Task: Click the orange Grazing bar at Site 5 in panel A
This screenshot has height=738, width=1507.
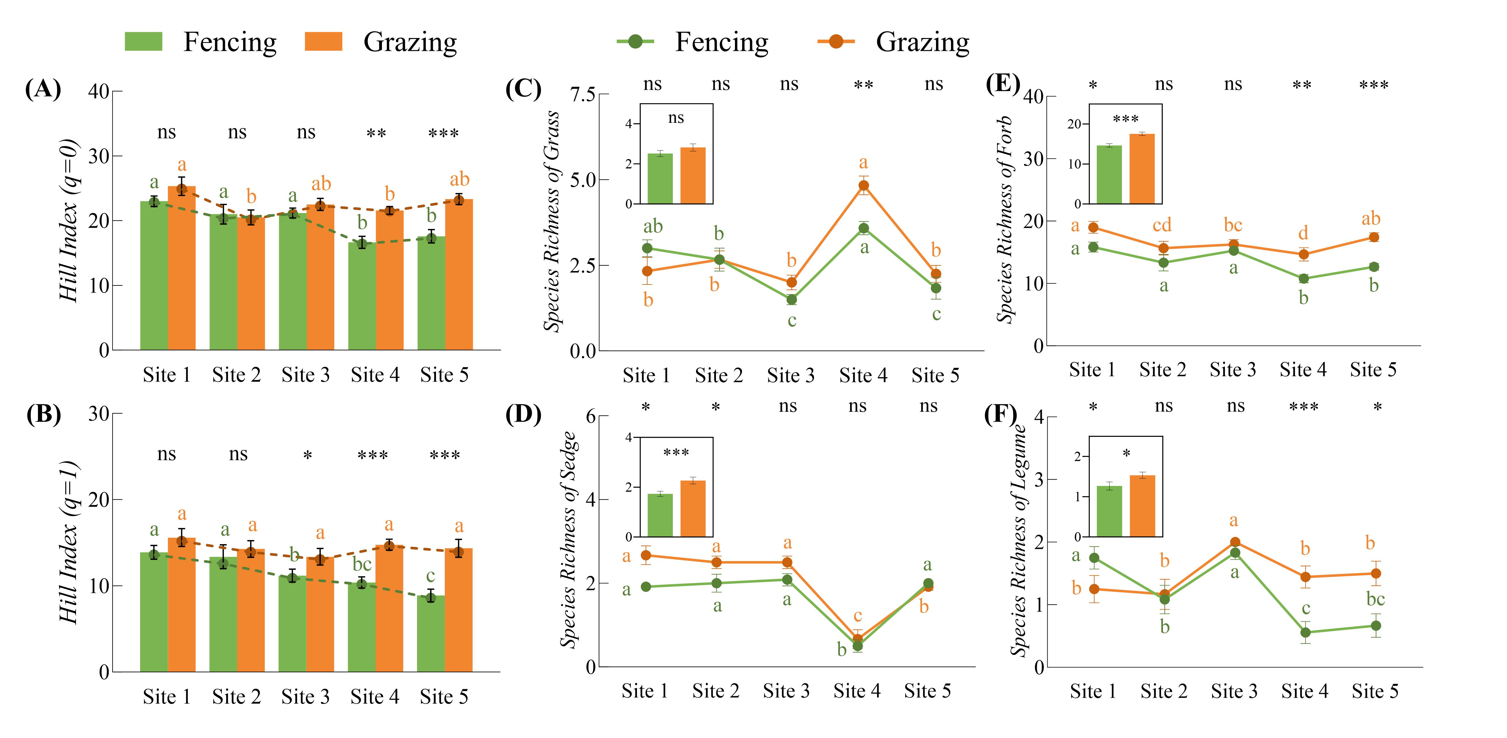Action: pos(459,275)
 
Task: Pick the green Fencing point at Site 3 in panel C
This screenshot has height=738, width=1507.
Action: pos(792,300)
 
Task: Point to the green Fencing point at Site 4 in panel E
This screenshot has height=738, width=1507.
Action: pos(1303,279)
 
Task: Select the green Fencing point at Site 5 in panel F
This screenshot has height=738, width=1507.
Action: pos(1376,626)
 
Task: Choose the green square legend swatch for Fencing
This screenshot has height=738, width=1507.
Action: pos(143,42)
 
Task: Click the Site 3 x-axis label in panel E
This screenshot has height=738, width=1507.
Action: pos(1233,370)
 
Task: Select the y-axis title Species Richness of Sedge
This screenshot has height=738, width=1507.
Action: pos(569,539)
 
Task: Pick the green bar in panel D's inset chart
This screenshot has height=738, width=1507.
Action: pos(660,515)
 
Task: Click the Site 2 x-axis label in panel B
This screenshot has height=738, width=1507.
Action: pos(236,696)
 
